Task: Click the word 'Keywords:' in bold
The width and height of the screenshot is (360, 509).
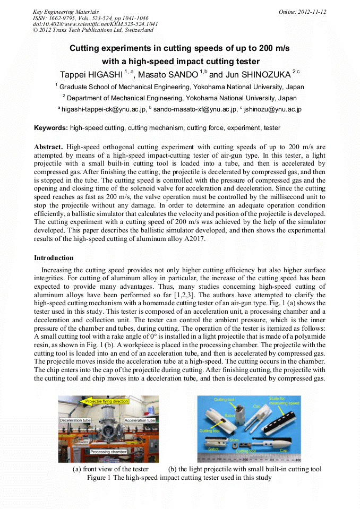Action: point(50,128)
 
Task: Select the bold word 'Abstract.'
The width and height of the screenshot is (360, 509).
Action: point(48,146)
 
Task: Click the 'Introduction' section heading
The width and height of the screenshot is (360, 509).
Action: point(54,257)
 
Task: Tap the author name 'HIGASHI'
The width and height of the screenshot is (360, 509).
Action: point(102,74)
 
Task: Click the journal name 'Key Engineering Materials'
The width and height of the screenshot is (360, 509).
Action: point(66,12)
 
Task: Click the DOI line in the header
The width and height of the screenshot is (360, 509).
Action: point(95,24)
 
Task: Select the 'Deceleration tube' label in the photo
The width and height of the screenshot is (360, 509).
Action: point(77,420)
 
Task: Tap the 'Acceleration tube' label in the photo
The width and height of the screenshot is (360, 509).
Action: point(139,420)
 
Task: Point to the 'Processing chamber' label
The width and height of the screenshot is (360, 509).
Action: point(108,452)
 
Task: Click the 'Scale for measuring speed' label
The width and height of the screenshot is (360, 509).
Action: point(285,401)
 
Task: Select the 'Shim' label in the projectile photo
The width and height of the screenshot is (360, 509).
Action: point(233,441)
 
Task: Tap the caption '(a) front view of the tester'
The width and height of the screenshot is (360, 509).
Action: point(110,469)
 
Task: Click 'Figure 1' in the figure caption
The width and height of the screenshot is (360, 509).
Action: point(99,478)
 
